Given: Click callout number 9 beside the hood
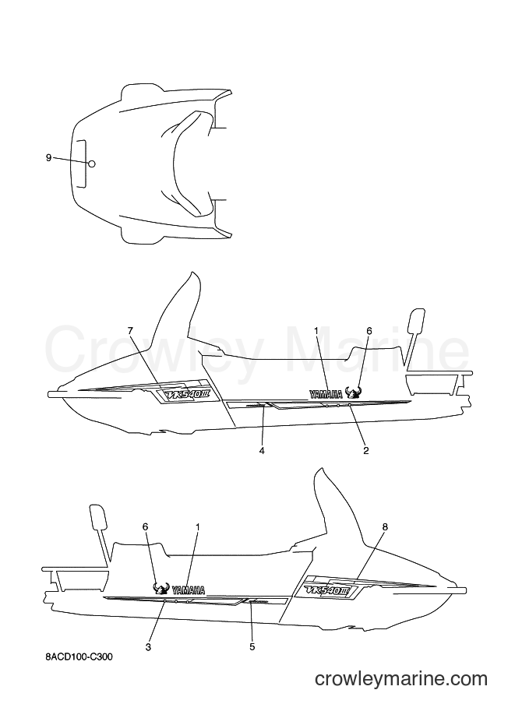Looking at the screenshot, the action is pyautogui.click(x=48, y=158).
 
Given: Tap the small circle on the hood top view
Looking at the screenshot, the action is pyautogui.click(x=92, y=164).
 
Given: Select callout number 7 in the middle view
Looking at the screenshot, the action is pyautogui.click(x=131, y=330).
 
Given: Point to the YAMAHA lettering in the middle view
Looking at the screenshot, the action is pyautogui.click(x=326, y=394).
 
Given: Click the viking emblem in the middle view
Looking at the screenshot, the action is pyautogui.click(x=352, y=392).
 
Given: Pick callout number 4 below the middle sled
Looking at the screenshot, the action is pyautogui.click(x=262, y=450).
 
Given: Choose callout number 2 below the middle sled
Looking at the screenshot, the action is pyautogui.click(x=365, y=450).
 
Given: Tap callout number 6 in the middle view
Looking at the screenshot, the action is pyautogui.click(x=369, y=330).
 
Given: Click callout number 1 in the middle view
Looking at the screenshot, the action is pyautogui.click(x=316, y=330).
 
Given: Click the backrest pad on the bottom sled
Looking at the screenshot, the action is pyautogui.click(x=98, y=516).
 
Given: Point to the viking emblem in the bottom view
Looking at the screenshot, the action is pyautogui.click(x=161, y=588).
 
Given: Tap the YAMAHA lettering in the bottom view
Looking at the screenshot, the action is pyautogui.click(x=189, y=590).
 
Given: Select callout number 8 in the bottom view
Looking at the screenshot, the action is pyautogui.click(x=385, y=527).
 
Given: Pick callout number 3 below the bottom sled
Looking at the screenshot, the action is pyautogui.click(x=148, y=647).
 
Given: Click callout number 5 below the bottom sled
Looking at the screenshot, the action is pyautogui.click(x=252, y=647).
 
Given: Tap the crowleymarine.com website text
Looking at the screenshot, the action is pyautogui.click(x=401, y=679).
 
